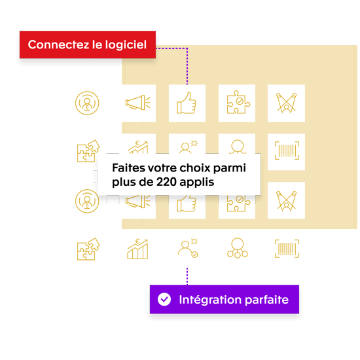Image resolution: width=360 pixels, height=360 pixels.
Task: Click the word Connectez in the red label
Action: click(54, 45)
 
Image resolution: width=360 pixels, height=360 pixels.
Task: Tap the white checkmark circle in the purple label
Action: click(164, 300)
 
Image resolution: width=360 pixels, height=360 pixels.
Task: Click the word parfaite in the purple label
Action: click(268, 300)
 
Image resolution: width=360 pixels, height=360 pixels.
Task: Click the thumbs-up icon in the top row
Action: click(187, 103)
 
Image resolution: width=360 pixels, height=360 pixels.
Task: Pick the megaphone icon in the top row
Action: click(137, 103)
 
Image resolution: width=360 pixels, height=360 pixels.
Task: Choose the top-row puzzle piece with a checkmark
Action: click(236, 103)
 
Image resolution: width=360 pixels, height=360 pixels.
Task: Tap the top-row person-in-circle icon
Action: click(88, 103)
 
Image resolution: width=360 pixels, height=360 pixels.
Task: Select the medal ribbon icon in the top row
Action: click(286, 103)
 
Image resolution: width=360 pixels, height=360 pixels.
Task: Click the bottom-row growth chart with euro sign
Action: click(137, 249)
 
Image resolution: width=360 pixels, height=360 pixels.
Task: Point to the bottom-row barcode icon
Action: click(286, 249)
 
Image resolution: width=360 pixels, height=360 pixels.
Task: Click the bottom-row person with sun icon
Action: click(187, 249)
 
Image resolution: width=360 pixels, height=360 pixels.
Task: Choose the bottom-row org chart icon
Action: click(236, 249)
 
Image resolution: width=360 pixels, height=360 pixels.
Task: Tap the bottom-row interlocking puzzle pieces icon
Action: click(88, 249)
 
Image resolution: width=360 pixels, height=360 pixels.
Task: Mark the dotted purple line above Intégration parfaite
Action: click(187, 276)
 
